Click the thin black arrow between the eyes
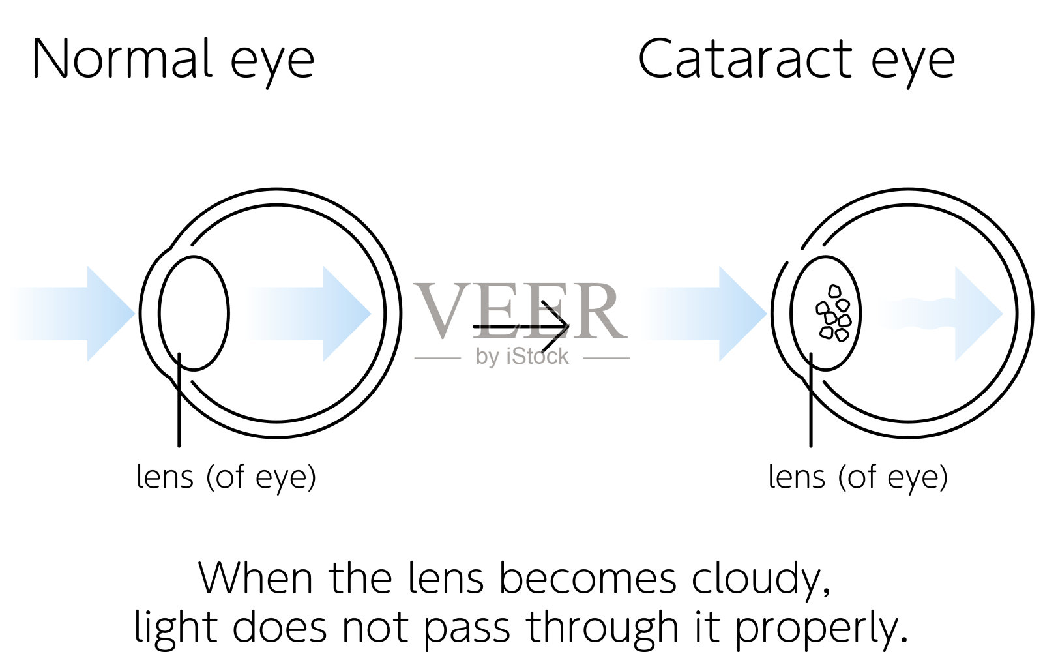point(521,326)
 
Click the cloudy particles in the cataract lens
point(833,314)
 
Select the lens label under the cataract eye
point(858,477)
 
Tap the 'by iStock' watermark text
point(522,357)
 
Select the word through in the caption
point(602,627)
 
